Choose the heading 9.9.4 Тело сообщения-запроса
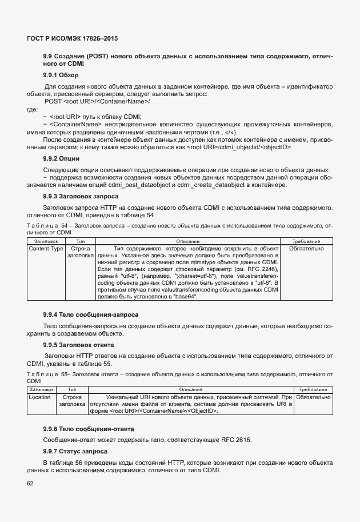[x=91, y=314]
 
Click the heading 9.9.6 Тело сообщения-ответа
[x=89, y=429]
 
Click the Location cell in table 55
[x=40, y=397]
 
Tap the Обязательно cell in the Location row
[x=314, y=397]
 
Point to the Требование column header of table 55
[x=313, y=389]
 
